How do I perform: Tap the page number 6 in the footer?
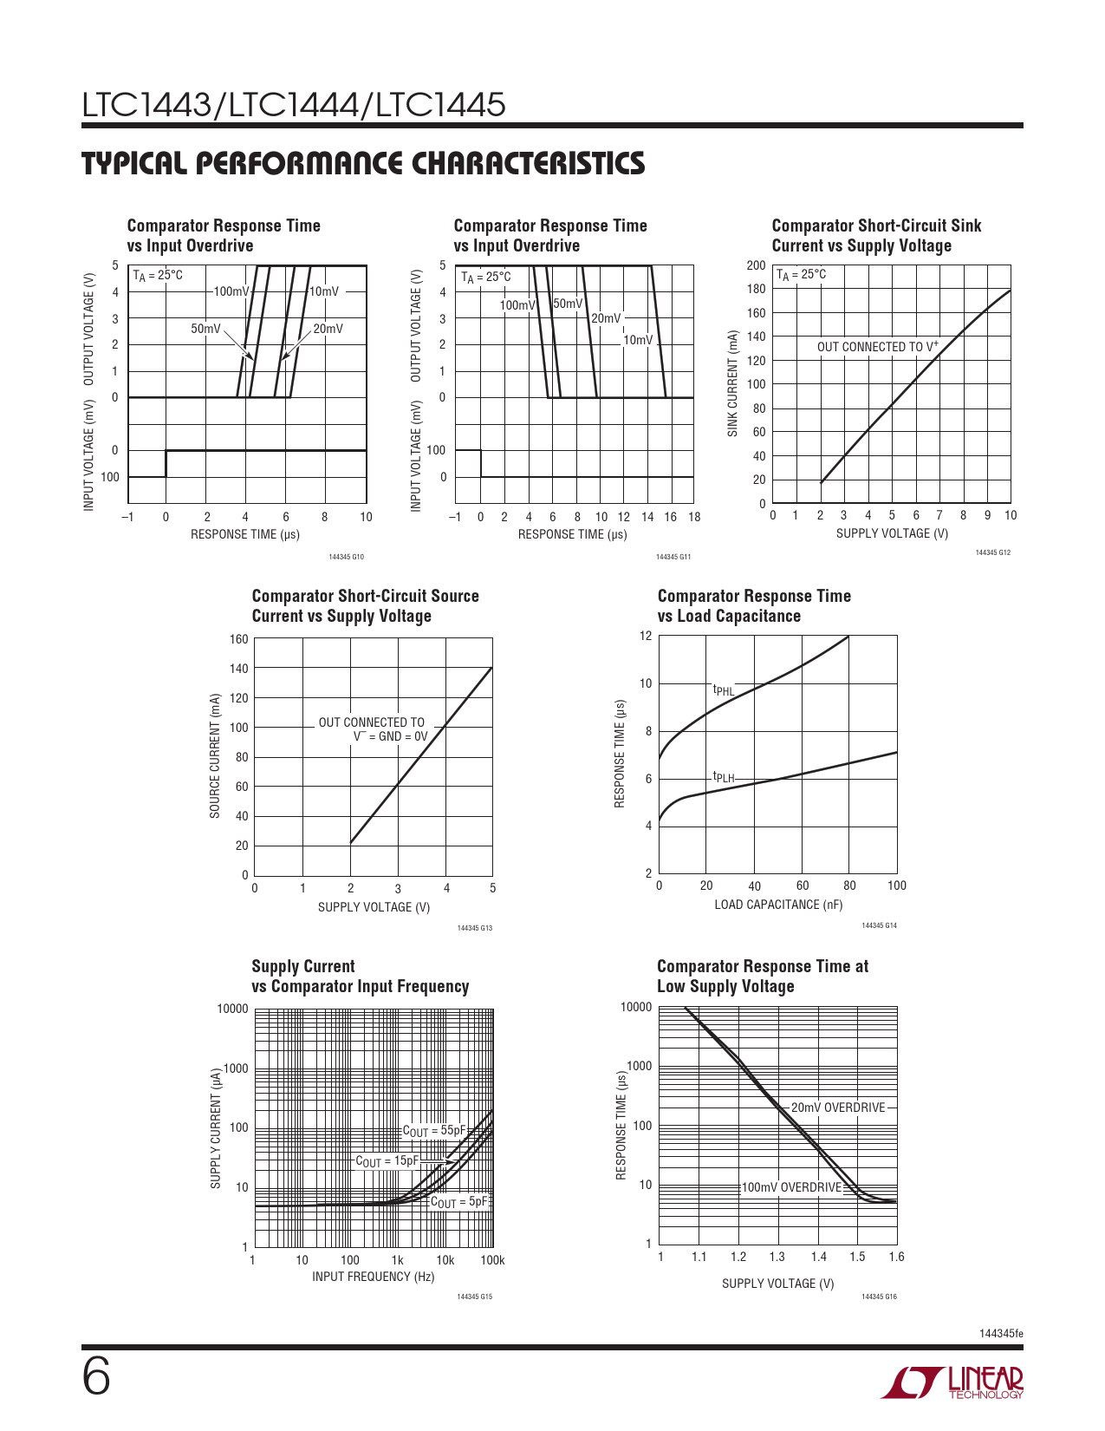(96, 1377)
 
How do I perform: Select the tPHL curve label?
(723, 690)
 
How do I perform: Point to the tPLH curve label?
(723, 778)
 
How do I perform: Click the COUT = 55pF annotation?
(434, 1131)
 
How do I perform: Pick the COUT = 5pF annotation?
(459, 1202)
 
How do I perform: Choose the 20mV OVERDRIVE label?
(838, 1108)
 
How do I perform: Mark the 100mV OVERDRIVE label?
(791, 1187)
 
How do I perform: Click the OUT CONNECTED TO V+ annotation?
(877, 347)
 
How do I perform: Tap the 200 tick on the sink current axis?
(756, 265)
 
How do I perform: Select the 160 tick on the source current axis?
(239, 640)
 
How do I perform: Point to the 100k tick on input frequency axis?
(492, 1260)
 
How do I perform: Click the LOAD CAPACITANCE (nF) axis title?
(778, 905)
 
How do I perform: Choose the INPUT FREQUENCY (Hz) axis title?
(373, 1277)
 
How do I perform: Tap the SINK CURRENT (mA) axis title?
(733, 383)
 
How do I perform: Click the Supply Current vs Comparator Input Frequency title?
(360, 977)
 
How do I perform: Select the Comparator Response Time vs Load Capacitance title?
(754, 606)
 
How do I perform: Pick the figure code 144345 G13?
(474, 928)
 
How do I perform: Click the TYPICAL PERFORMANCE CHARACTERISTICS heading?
(363, 164)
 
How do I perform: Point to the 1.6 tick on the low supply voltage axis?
(896, 1257)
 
